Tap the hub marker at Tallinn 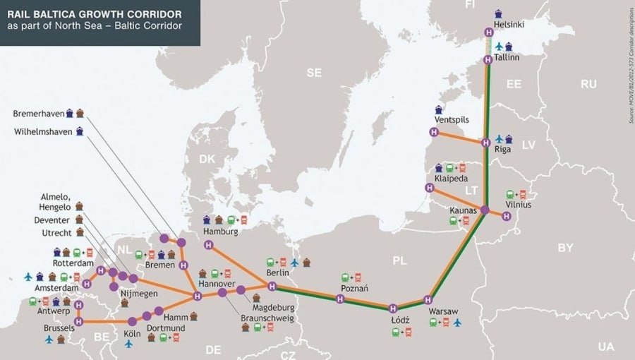click(x=488, y=60)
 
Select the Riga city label click(x=504, y=150)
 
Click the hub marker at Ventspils click(x=433, y=132)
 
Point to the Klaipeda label click(x=452, y=179)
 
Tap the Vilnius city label click(x=518, y=205)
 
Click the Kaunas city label click(x=464, y=210)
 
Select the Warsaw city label click(x=443, y=311)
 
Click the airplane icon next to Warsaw click(x=457, y=323)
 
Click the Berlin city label click(x=277, y=272)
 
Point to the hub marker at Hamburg click(x=208, y=244)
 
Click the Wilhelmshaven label click(x=42, y=131)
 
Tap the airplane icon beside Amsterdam click(x=28, y=277)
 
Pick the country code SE click(x=314, y=73)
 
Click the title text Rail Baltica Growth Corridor click(x=93, y=13)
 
